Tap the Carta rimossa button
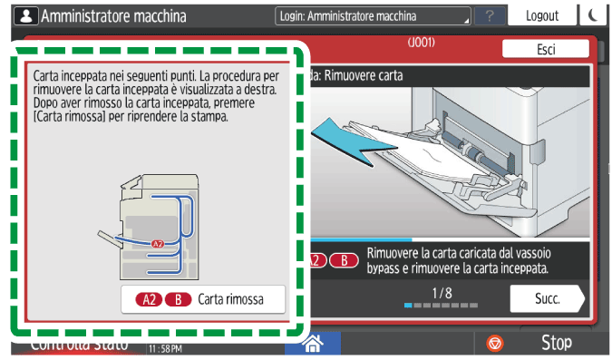coord(203,298)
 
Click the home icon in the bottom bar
coord(313,344)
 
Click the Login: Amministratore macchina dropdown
coord(373,16)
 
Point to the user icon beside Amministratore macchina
coord(24,15)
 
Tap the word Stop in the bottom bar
coord(556,343)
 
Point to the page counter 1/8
coord(442,292)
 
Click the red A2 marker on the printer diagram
coord(158,243)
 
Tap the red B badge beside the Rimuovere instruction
coord(343,260)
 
